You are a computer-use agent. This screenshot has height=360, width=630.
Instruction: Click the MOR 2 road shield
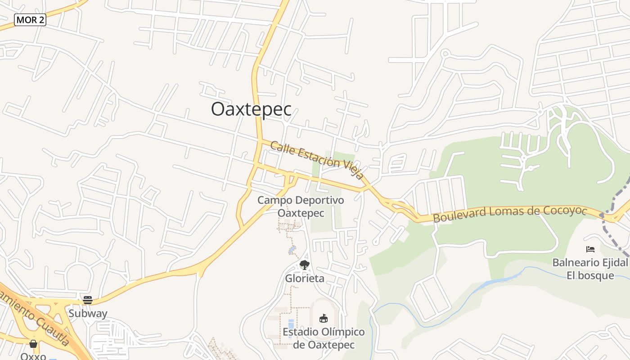click(x=30, y=20)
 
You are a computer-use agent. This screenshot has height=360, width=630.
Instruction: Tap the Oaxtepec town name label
click(x=251, y=109)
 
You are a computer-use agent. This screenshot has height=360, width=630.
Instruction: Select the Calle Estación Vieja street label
click(x=317, y=160)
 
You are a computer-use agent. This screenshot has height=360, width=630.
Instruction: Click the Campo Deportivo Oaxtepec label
click(x=301, y=206)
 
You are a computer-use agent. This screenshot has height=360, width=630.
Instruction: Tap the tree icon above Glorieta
click(x=305, y=265)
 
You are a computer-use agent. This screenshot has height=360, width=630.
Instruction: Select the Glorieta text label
click(x=305, y=279)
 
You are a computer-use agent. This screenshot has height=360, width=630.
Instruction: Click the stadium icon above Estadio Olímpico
click(x=324, y=319)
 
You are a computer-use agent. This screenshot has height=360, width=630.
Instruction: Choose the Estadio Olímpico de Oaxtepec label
click(x=324, y=338)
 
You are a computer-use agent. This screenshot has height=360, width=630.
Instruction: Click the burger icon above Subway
click(x=88, y=300)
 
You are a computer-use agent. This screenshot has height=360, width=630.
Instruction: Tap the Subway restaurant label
click(x=88, y=313)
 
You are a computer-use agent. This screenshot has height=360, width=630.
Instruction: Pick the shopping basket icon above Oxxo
click(x=33, y=344)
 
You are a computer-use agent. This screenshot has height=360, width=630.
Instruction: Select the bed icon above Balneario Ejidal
click(x=590, y=249)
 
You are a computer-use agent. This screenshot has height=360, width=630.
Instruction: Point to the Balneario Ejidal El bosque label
click(x=590, y=269)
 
